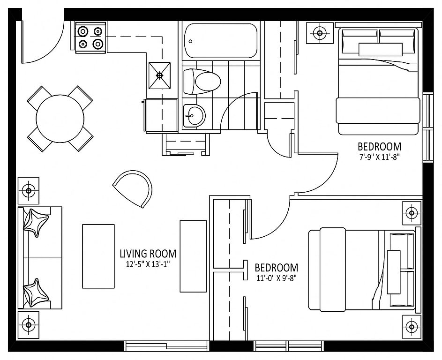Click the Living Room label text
[x=148, y=254]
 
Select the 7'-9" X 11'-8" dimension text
[x=379, y=157]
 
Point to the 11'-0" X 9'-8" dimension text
[x=276, y=278]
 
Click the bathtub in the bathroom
[x=221, y=41]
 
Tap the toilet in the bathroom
[x=202, y=82]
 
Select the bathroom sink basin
[x=194, y=116]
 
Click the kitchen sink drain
[x=159, y=75]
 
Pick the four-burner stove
[x=90, y=37]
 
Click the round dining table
[x=60, y=119]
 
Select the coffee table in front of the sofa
[x=98, y=256]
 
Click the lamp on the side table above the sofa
[x=28, y=191]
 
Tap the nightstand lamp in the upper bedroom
[x=320, y=33]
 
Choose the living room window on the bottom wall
[x=166, y=345]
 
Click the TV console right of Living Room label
[x=194, y=256]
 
